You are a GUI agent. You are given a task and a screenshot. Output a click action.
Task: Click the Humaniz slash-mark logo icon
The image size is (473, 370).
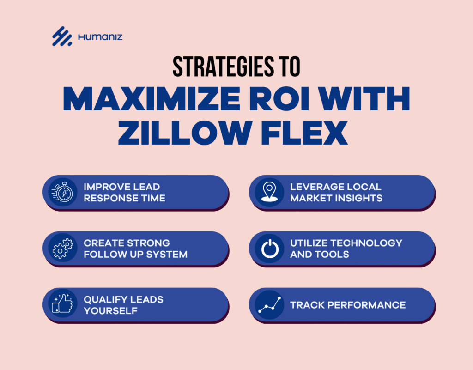62,36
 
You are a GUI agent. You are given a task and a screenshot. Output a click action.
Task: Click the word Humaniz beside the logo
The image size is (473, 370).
100,37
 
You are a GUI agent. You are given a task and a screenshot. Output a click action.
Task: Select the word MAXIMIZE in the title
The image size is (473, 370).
152,99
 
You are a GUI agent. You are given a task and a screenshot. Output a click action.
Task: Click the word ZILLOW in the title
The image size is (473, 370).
184,133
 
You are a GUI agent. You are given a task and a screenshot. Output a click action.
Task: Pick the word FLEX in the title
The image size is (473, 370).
304,133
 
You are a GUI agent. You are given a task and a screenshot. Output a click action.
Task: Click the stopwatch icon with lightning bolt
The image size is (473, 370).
63,192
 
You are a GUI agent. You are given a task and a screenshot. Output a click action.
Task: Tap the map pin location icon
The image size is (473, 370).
269,192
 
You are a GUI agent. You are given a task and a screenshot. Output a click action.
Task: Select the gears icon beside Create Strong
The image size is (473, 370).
63,248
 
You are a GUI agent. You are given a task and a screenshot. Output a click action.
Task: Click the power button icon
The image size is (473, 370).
270,249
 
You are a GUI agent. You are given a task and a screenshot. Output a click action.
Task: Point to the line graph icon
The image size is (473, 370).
270,304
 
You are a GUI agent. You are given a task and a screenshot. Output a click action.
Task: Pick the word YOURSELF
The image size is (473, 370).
111,311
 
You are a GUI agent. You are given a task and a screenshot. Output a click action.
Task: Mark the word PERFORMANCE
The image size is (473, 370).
366,305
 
